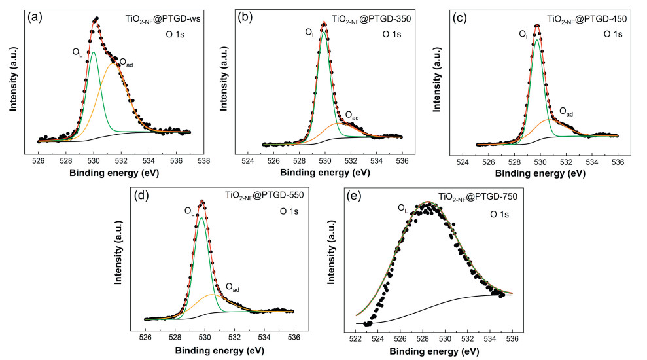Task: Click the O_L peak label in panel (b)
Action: pyautogui.click(x=310, y=31)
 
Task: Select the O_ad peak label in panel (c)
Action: pyautogui.click(x=566, y=112)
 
